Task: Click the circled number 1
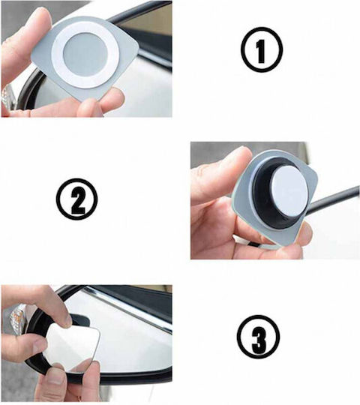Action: pos(261,49)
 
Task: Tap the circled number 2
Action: pos(77,199)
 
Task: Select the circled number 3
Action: pos(258,337)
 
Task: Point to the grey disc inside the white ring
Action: pos(85,55)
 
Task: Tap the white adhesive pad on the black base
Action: pos(289,191)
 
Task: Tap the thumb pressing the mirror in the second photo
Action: pos(220,173)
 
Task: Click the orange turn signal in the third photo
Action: pos(16,321)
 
